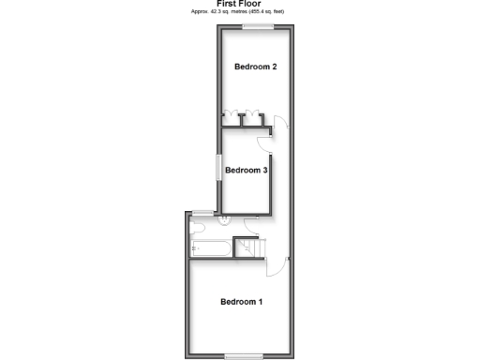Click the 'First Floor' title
coord(239,4)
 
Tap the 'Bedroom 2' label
coord(255,67)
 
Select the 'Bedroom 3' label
coord(247,170)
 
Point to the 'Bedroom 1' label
coord(241,302)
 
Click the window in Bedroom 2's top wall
coord(257,27)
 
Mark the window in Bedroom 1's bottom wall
coord(244,353)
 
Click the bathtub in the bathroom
coord(209,247)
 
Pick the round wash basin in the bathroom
coord(225,221)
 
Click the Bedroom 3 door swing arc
coord(267,140)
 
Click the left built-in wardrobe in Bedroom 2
coord(231,117)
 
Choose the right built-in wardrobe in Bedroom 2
coord(252,117)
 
